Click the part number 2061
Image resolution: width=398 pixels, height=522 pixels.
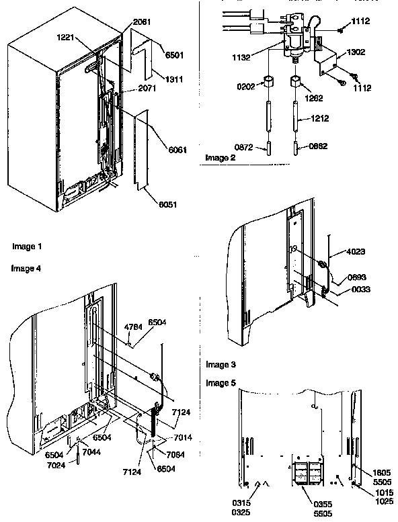point(142,22)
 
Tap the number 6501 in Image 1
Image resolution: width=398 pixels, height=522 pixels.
point(173,56)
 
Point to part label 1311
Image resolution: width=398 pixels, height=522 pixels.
point(173,79)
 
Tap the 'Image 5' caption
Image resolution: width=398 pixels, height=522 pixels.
point(221,382)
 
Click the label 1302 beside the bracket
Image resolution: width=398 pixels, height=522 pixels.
point(357,51)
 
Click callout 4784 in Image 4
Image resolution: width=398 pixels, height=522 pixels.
point(133,328)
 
